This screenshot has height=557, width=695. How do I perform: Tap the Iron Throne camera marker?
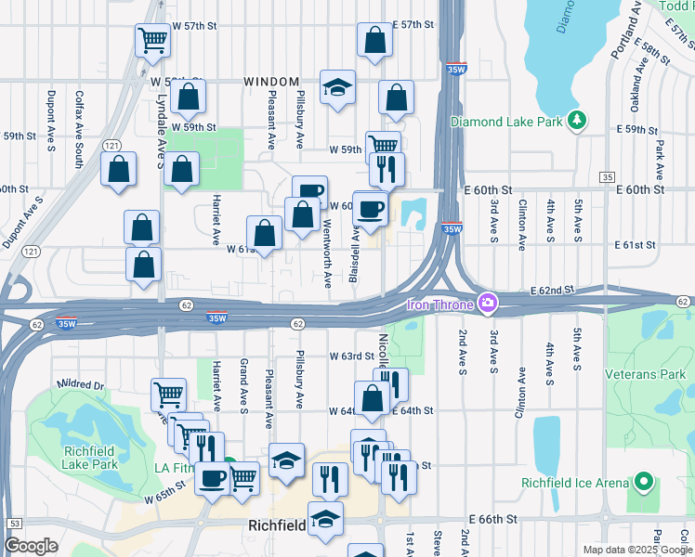click(x=487, y=303)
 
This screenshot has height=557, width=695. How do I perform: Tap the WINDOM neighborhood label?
click(x=270, y=82)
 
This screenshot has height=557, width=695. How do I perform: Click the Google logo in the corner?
click(x=31, y=546)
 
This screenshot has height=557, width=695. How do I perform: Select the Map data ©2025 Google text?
click(x=637, y=550)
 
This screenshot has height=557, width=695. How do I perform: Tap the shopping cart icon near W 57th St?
click(x=152, y=41)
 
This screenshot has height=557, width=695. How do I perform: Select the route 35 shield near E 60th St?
click(x=607, y=176)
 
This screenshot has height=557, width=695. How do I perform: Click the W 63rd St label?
click(x=350, y=356)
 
